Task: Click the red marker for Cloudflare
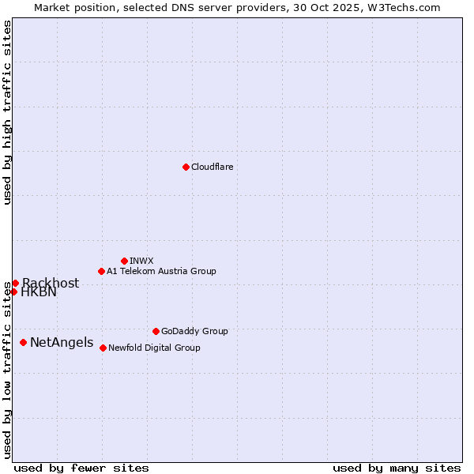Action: [186, 167]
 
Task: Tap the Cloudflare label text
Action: [212, 167]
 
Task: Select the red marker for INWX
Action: [124, 261]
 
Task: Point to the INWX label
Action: [141, 261]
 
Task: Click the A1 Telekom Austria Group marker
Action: [101, 271]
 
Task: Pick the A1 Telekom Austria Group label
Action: [161, 271]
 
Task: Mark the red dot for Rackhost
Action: [15, 283]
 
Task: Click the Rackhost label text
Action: [51, 284]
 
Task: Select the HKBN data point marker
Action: [13, 292]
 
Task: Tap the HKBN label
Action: [39, 292]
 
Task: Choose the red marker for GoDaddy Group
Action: [156, 331]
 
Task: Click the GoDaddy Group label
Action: [194, 331]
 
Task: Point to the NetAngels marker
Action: [23, 342]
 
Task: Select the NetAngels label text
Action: [62, 343]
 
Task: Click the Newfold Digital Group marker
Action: [103, 348]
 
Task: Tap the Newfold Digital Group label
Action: [154, 348]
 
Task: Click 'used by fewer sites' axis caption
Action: [81, 468]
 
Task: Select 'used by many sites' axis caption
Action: [397, 468]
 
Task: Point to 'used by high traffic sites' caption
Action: [8, 112]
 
